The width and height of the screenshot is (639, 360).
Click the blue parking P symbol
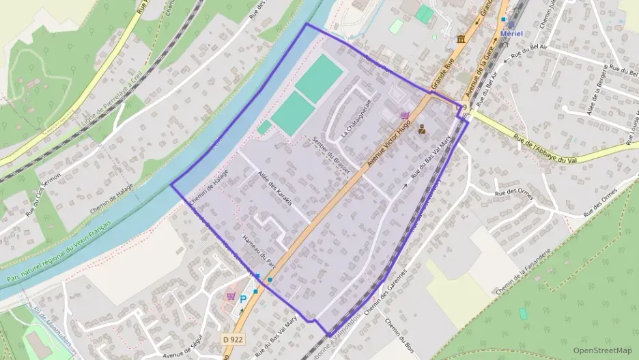click(242, 299)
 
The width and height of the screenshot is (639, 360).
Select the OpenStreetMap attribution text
click(602, 350)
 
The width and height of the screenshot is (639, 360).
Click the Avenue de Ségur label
click(184, 346)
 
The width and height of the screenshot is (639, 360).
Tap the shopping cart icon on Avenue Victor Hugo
click(406, 115)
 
